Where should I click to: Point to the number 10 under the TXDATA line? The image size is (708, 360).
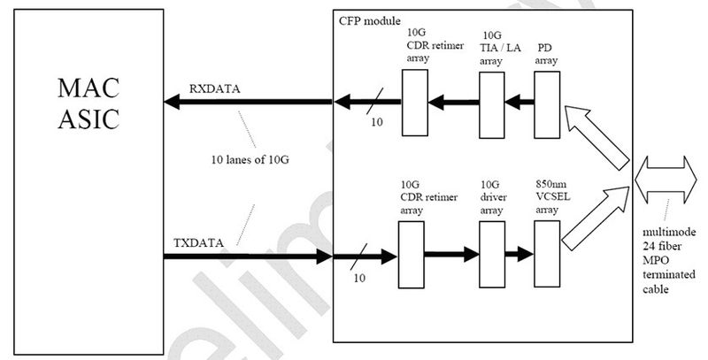(x=359, y=278)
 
